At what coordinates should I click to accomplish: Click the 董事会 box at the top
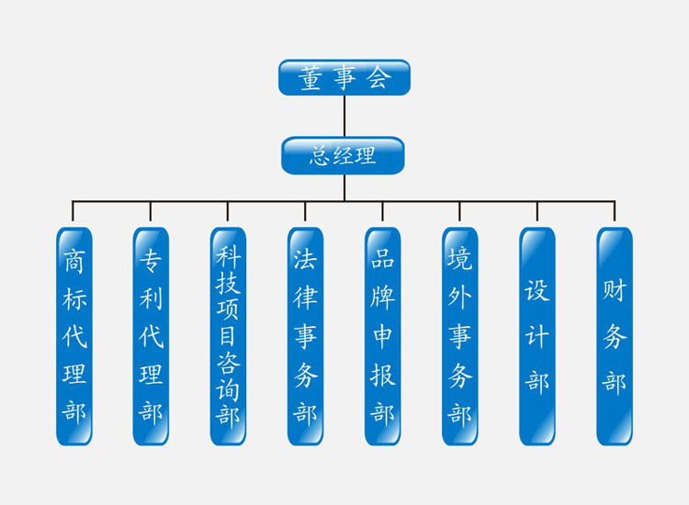(x=344, y=77)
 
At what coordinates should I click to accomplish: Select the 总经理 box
(x=343, y=155)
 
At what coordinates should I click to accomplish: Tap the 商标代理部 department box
(x=74, y=336)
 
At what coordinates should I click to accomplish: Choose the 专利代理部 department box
(x=152, y=336)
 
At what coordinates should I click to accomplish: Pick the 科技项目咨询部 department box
(x=228, y=336)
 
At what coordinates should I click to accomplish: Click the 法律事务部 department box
(x=305, y=336)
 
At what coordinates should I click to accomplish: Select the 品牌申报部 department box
(x=382, y=336)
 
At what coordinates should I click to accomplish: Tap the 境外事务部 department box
(x=459, y=336)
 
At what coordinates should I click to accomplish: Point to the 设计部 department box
(x=537, y=336)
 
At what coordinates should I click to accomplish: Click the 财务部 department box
(x=614, y=336)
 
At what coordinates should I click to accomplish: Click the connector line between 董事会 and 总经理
(x=344, y=116)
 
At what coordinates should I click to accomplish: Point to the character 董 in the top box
(x=311, y=78)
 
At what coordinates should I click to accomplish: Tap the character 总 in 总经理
(x=320, y=156)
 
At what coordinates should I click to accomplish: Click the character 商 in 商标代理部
(x=74, y=262)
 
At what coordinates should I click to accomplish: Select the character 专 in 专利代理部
(x=152, y=262)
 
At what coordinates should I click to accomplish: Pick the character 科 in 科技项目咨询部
(x=228, y=254)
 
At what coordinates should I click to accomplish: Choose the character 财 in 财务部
(x=614, y=294)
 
